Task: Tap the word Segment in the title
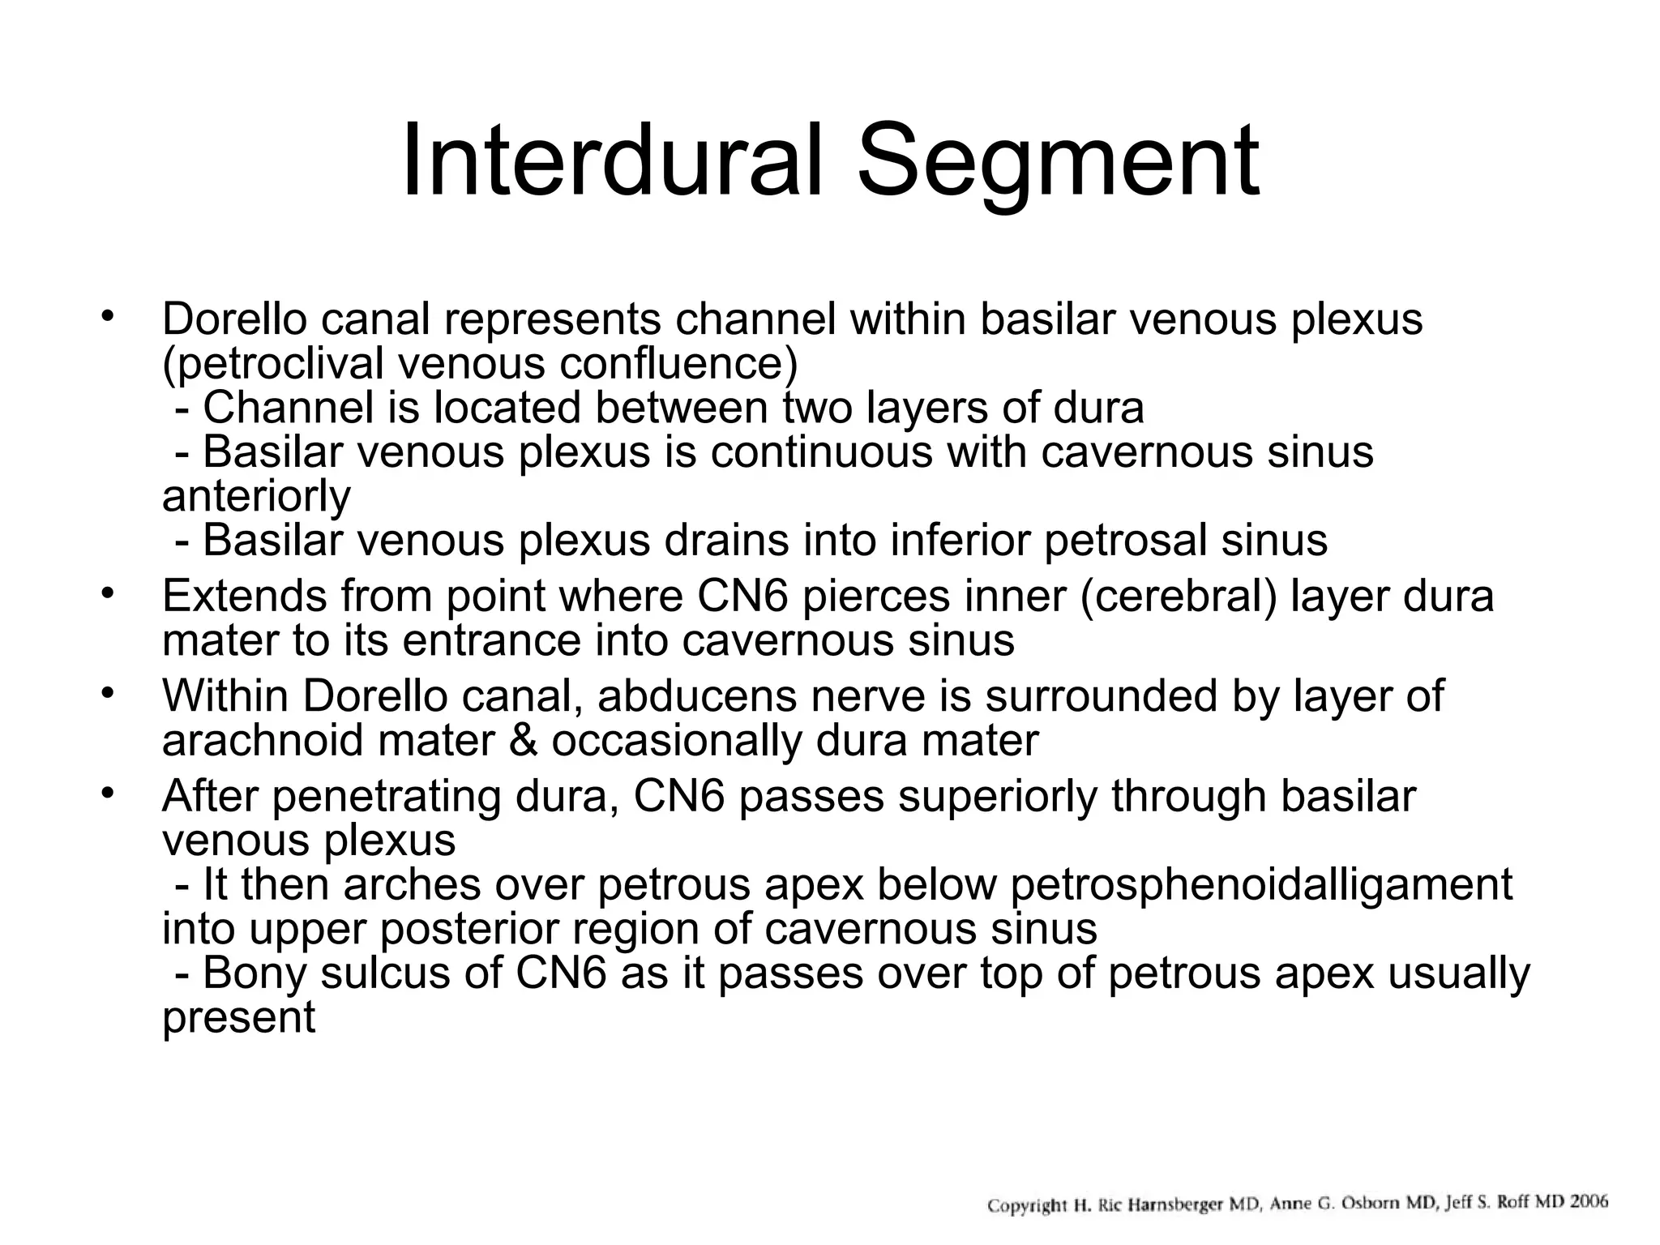pos(1058,162)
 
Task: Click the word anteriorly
pos(256,496)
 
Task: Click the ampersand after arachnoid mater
pos(524,740)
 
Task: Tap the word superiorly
pos(996,796)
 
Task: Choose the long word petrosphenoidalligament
pos(1261,883)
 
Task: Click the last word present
pos(238,1017)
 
